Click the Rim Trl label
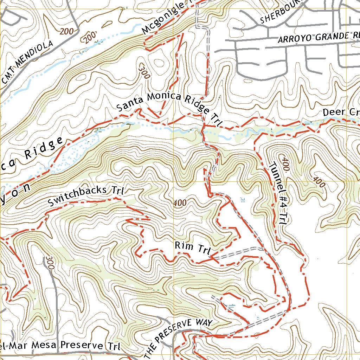click(192, 248)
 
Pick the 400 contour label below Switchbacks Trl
click(180, 203)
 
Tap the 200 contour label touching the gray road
click(67, 32)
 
